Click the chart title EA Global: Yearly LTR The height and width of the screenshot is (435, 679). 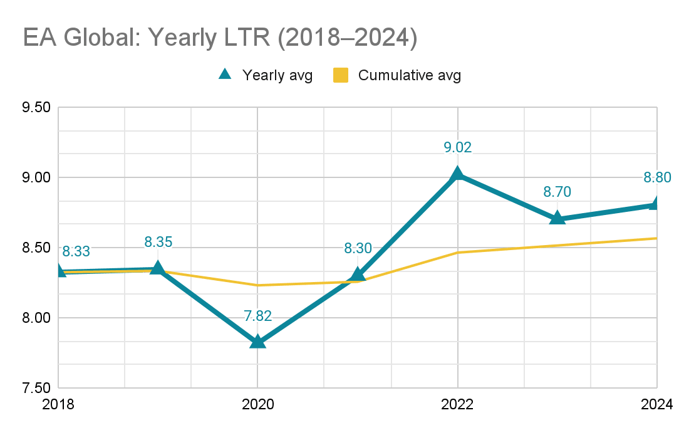click(220, 37)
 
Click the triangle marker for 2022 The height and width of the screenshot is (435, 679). click(457, 174)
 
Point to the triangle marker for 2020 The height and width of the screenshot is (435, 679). click(257, 342)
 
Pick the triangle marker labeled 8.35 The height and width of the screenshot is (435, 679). click(158, 268)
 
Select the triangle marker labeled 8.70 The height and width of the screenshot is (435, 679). click(557, 218)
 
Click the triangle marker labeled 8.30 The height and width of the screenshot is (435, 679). click(358, 275)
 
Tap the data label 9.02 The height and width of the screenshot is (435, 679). click(457, 148)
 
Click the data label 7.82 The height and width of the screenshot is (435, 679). click(257, 316)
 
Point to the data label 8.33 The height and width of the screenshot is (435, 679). click(73, 252)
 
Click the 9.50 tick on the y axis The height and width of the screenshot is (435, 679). click(36, 107)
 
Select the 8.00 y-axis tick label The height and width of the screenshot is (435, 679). click(36, 318)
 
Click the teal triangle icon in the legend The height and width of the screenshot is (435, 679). click(225, 75)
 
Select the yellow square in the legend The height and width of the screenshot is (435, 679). click(341, 75)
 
